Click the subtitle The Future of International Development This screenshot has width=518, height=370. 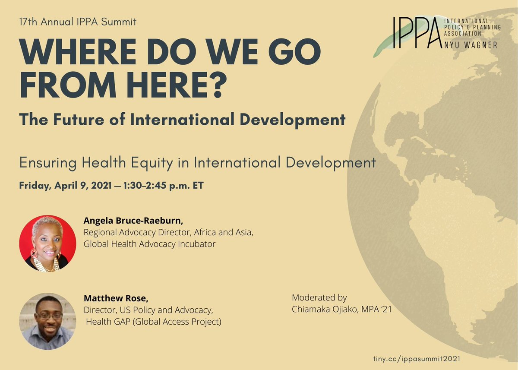coord(182,120)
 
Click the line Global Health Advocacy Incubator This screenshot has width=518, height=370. coord(149,244)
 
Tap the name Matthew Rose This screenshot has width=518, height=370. coord(113,298)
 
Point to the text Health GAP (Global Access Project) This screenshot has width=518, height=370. coord(153,322)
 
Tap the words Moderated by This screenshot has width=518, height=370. coord(319,297)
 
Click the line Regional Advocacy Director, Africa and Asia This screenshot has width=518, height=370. coord(168,233)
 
